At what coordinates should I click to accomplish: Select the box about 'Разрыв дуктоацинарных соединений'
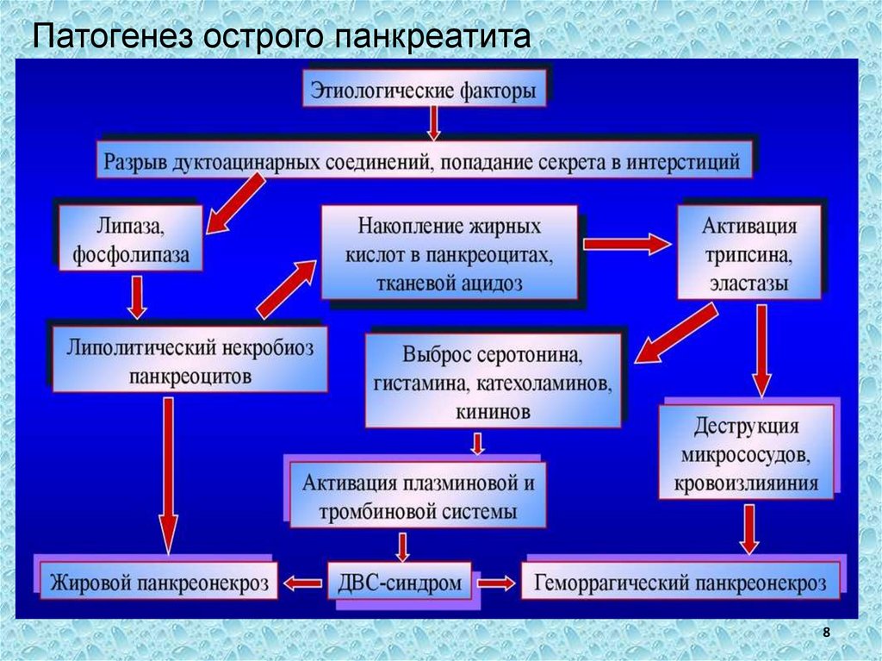[x=421, y=161]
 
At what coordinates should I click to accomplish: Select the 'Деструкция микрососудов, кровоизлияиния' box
[x=748, y=453]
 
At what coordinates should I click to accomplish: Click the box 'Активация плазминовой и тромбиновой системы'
[x=417, y=496]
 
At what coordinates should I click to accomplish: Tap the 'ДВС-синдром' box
[x=401, y=583]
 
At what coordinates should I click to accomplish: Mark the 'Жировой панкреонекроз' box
[x=158, y=583]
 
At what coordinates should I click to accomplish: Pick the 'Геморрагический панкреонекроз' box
[x=680, y=583]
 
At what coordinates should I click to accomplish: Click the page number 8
[x=827, y=633]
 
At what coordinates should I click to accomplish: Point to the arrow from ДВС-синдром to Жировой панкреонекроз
[x=303, y=583]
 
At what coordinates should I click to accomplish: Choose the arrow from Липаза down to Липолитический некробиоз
[x=134, y=297]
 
